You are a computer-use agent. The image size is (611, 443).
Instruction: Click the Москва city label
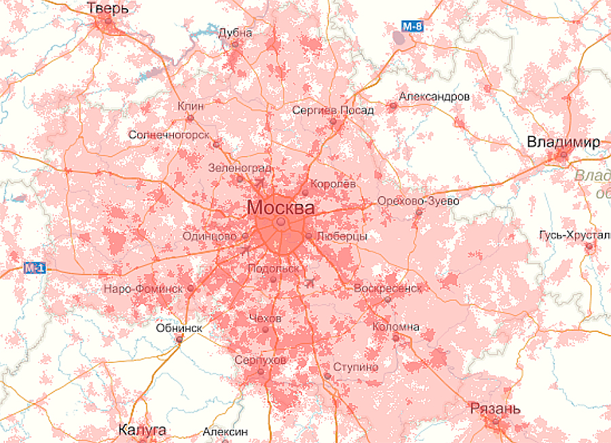[x=281, y=206]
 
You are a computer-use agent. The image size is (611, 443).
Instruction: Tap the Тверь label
[x=108, y=8]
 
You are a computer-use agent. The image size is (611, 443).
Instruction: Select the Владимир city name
[x=563, y=142]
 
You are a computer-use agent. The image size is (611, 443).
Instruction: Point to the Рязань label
[x=496, y=408]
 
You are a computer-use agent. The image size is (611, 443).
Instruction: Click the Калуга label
[x=142, y=430]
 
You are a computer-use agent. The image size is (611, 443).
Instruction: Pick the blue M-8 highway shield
[x=412, y=27]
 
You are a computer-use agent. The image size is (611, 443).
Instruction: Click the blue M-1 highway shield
[x=34, y=268]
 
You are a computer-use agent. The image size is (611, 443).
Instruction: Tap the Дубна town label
[x=236, y=33]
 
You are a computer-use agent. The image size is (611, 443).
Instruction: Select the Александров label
[x=434, y=96]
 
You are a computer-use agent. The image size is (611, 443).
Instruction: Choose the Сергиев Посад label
[x=333, y=110]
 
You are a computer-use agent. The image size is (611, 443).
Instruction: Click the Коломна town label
[x=396, y=327]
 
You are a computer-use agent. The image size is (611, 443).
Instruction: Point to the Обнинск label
[x=179, y=328]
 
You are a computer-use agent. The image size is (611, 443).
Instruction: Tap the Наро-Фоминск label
[x=143, y=289]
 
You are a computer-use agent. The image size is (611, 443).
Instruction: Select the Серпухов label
[x=261, y=360]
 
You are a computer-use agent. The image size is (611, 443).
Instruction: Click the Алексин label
[x=225, y=431]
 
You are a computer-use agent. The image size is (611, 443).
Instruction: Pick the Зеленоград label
[x=240, y=168]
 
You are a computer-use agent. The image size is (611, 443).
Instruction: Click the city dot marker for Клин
[x=190, y=118]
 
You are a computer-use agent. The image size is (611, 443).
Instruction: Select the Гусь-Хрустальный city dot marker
[x=589, y=247]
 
